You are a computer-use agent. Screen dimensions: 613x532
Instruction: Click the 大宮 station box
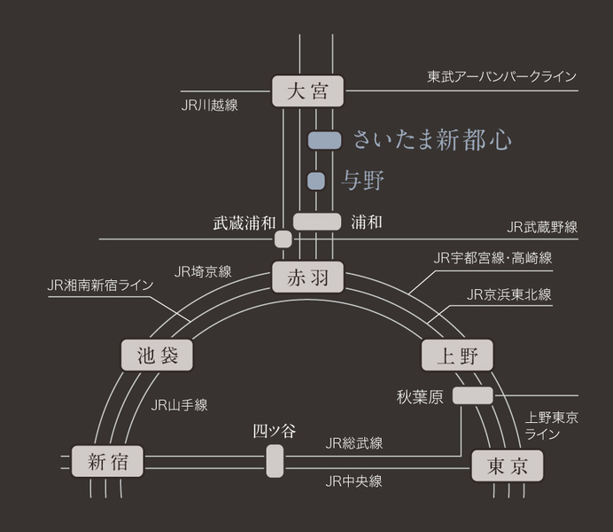coord(307,91)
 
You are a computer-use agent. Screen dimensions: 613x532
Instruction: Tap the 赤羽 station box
coord(307,277)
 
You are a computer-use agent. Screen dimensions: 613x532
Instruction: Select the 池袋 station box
coord(157,356)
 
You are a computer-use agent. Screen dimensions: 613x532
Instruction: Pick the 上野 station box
coord(457,356)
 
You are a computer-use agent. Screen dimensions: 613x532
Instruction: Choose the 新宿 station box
coord(107,461)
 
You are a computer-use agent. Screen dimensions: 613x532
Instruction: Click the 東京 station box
coord(507,465)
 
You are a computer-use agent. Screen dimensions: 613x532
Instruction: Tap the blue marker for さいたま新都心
coord(324,140)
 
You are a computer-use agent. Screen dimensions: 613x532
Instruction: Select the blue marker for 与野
coord(316,181)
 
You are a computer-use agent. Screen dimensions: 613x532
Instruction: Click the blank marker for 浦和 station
coord(317,222)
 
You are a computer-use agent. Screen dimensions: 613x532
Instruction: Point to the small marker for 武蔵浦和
coord(283,239)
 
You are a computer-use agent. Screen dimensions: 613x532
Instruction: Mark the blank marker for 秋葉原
coord(473,395)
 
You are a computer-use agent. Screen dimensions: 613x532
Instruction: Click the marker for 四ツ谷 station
coord(275,461)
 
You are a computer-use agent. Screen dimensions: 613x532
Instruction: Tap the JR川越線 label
coord(210,106)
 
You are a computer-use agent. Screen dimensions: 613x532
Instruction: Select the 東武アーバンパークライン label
coord(502,76)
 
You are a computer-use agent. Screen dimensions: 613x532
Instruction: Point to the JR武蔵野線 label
coord(542,227)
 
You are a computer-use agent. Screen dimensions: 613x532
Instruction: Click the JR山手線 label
coord(179,405)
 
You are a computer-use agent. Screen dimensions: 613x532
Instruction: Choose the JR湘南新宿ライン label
coord(100,286)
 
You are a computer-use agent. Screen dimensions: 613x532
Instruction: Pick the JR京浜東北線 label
coord(509,294)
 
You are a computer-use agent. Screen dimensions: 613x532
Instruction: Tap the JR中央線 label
coord(353,481)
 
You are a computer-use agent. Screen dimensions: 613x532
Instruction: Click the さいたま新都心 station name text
coord(432,140)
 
